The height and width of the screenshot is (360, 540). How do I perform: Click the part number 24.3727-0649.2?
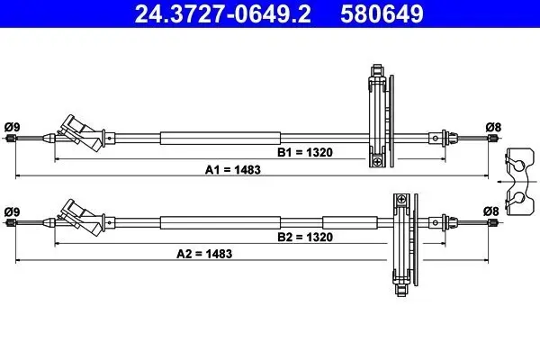coord(217,13)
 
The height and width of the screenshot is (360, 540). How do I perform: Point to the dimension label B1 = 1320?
coord(304,152)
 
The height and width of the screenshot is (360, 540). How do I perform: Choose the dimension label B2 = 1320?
coord(304,237)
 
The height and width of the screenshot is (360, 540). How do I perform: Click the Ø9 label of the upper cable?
coord(12,126)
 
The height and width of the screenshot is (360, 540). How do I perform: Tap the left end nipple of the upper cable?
coord(11,138)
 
